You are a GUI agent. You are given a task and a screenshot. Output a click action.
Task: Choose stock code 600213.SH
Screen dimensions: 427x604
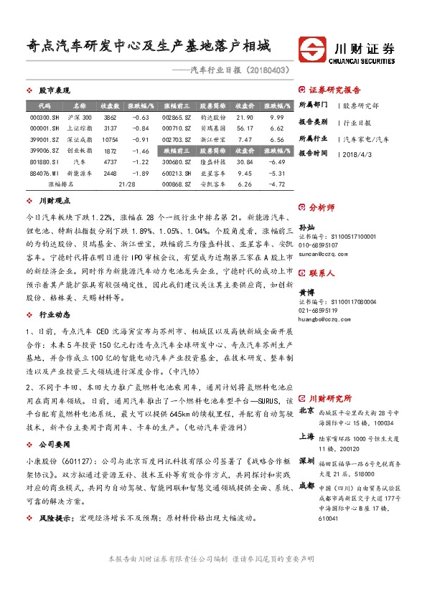click(175, 173)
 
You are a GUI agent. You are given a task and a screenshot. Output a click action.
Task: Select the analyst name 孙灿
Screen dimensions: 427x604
click(306, 227)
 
